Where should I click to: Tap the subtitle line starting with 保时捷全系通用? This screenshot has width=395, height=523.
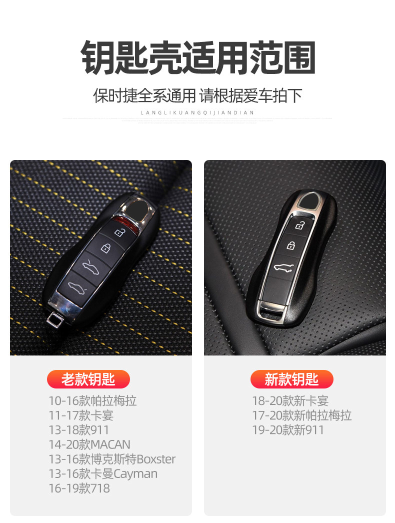coord(198,95)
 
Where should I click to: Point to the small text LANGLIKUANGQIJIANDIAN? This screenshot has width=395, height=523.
coord(197,113)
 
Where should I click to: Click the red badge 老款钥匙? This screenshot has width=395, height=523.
coord(88,379)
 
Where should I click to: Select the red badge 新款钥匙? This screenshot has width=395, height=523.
coord(291,379)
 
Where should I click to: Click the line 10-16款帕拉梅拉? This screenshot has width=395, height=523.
coord(92,401)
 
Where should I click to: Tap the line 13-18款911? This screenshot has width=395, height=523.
coord(78,430)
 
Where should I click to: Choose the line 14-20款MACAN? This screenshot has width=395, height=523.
coord(89,444)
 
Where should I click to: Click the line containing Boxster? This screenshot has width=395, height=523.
coord(112,459)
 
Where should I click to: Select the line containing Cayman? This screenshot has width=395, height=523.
coord(102,473)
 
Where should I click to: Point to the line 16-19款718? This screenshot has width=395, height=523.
coord(78,488)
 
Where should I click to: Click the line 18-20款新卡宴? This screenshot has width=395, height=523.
coord(290,401)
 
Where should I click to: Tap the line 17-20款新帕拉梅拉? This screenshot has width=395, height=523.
coord(301,415)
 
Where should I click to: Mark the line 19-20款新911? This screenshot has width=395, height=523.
coord(288,430)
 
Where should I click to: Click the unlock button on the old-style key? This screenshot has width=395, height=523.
coord(119,232)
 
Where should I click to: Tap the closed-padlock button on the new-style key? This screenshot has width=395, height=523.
coord(290,245)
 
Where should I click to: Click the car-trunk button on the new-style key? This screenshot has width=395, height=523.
coord(283,267)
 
